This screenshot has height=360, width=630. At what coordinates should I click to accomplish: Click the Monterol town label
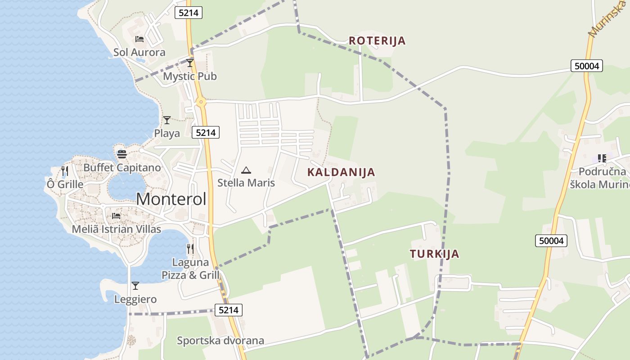(x=171, y=199)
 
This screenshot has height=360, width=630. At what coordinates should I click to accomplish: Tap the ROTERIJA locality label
(x=377, y=41)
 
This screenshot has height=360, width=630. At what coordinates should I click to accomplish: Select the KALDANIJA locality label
(x=341, y=172)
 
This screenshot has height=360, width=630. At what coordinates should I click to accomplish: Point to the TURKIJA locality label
(x=435, y=254)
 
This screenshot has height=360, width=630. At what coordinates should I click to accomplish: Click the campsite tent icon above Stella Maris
(x=246, y=170)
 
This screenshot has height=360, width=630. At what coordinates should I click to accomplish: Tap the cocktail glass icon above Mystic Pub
(x=190, y=63)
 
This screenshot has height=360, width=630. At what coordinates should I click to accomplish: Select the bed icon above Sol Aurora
(x=139, y=39)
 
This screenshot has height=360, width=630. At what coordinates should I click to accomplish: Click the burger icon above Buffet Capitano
(x=121, y=154)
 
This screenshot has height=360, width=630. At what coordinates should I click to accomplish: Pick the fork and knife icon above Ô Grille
(x=65, y=171)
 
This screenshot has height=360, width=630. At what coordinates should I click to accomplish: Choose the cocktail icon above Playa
(x=167, y=120)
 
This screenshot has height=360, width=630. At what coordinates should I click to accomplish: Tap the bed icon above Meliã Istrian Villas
(x=116, y=216)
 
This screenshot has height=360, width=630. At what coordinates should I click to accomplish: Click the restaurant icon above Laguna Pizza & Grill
(x=190, y=248)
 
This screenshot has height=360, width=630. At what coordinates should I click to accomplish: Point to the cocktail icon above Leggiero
(x=135, y=286)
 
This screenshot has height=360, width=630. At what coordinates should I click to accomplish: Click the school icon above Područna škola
(x=602, y=158)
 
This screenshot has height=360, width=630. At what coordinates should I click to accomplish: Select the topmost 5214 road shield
(x=189, y=13)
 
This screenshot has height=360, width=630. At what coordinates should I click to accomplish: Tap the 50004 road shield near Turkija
(x=551, y=241)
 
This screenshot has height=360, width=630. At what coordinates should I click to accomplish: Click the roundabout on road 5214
(x=201, y=102)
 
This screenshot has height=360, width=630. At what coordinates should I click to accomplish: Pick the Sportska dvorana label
(x=220, y=341)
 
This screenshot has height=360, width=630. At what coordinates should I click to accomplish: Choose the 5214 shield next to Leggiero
(x=229, y=310)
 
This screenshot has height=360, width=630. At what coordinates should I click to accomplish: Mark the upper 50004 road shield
(x=587, y=66)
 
